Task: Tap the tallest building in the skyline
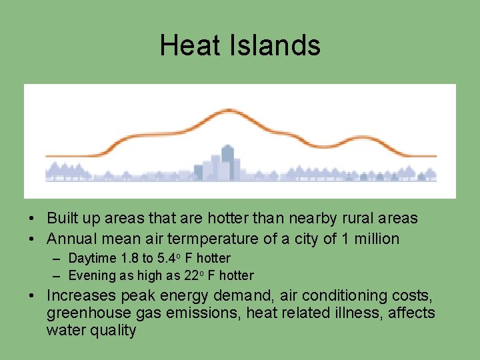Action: [227, 161]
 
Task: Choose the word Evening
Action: [92, 276]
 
